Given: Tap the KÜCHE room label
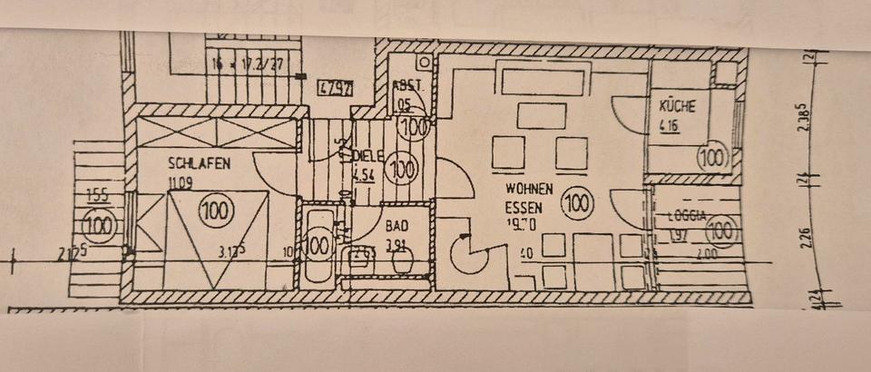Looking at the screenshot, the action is (678, 106).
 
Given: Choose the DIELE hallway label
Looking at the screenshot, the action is (366, 154).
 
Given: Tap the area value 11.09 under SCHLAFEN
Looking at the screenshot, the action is (181, 181).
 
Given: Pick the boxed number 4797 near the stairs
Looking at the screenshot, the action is (336, 88).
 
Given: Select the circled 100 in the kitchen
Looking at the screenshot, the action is (714, 159).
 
